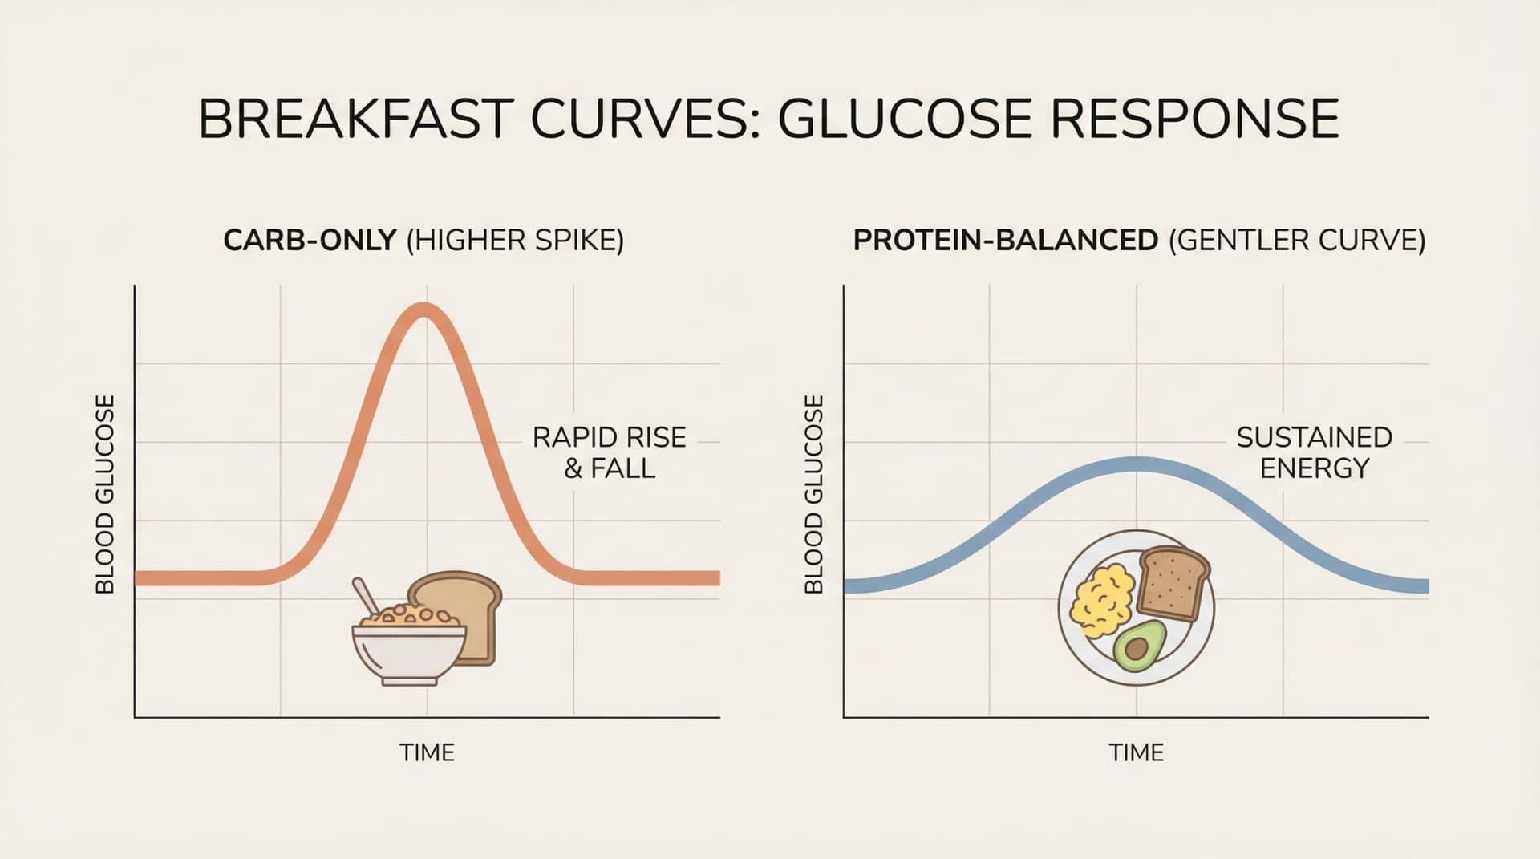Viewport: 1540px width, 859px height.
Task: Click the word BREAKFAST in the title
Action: (355, 120)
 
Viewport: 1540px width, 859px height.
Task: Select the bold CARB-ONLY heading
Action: (310, 241)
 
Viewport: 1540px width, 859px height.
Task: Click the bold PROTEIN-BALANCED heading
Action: (1005, 241)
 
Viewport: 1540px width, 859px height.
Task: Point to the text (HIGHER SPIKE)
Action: (515, 241)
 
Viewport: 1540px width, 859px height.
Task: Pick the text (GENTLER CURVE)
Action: (1297, 241)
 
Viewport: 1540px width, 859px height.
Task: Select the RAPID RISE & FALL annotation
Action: (610, 452)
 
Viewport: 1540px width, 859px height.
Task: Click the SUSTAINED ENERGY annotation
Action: (1314, 452)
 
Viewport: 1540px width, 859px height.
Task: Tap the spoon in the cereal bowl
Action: (365, 595)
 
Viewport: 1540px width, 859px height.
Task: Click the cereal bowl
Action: (408, 651)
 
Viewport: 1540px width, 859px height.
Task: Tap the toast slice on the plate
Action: (1173, 584)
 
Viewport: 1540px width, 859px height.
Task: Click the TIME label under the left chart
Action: (427, 752)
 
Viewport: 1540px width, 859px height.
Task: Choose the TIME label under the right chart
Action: (1136, 752)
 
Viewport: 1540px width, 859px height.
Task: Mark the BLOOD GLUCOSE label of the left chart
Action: (105, 494)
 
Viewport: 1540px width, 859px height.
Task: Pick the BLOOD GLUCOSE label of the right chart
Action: (814, 494)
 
